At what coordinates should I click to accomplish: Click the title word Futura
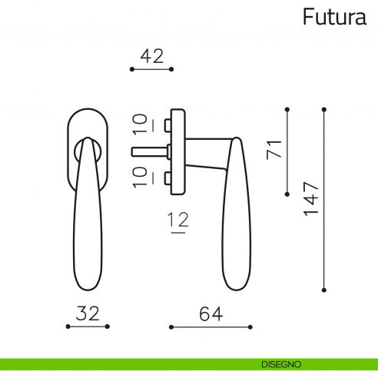point(334,16)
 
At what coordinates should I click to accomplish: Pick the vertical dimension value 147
point(310,199)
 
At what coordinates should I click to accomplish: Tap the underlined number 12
point(178,221)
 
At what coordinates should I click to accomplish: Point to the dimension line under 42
point(152,69)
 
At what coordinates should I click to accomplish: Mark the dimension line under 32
point(88,327)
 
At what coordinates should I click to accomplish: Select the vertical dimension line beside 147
point(324,199)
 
